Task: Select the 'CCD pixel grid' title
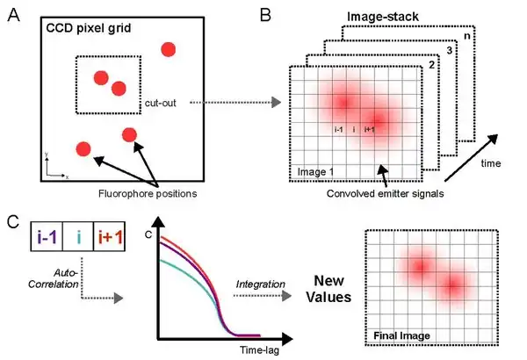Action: coord(88,28)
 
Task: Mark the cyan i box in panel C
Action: coord(78,235)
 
